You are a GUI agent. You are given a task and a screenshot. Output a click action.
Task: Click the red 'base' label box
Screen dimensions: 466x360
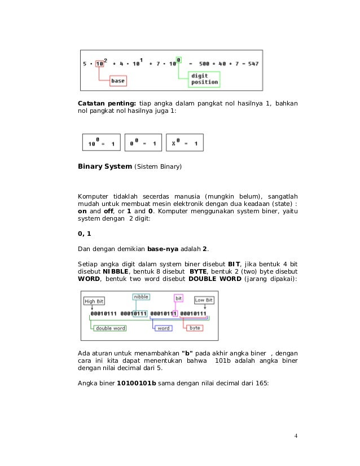pyautogui.click(x=117, y=81)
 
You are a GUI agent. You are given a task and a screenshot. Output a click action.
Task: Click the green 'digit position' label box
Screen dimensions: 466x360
pyautogui.click(x=204, y=78)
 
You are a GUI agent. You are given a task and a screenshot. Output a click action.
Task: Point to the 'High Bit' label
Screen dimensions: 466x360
pyautogui.click(x=94, y=301)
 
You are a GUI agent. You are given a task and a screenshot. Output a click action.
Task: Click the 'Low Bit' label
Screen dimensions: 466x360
pyautogui.click(x=204, y=300)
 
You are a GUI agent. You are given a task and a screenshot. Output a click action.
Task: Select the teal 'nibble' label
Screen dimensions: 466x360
pyautogui.click(x=141, y=296)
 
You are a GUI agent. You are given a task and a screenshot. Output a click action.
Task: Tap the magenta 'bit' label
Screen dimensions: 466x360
pyautogui.click(x=179, y=297)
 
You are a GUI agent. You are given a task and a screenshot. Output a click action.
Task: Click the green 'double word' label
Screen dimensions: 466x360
pyautogui.click(x=110, y=328)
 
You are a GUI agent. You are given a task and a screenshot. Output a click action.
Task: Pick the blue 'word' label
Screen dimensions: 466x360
pyautogui.click(x=163, y=328)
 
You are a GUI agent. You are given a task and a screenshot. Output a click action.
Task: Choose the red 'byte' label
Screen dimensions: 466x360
pyautogui.click(x=195, y=327)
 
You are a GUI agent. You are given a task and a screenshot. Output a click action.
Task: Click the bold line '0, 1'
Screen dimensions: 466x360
pyautogui.click(x=84, y=234)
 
